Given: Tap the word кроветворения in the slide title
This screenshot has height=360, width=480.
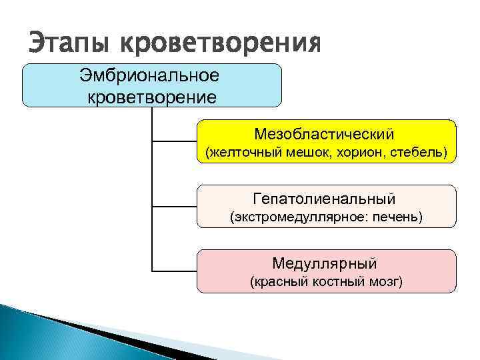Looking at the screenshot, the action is pos(220,45).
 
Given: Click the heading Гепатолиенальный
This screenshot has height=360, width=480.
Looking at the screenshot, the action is pos(325,198).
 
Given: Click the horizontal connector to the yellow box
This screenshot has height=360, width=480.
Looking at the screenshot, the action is pos(174,141).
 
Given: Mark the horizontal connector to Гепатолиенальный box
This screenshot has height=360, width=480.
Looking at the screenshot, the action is pos(174,206).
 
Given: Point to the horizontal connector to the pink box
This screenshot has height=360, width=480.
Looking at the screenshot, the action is pos(174,271).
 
